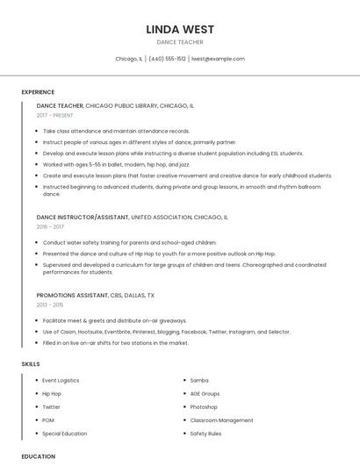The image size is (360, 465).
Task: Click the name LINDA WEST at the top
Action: click(x=180, y=29)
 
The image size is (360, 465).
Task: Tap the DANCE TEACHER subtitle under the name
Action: click(x=180, y=42)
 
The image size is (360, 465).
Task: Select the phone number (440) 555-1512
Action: click(x=167, y=59)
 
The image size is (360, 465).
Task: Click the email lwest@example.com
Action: click(x=218, y=59)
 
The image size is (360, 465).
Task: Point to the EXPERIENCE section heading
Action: click(x=38, y=92)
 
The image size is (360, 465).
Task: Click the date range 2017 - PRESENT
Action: click(x=54, y=115)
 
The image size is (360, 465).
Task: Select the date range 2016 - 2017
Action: click(x=50, y=226)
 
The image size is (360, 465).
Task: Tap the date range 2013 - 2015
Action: click(x=50, y=304)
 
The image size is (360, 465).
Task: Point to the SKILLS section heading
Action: click(x=31, y=363)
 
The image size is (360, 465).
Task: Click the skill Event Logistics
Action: click(x=61, y=381)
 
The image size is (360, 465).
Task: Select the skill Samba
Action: click(x=199, y=381)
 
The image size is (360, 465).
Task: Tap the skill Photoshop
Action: click(x=204, y=407)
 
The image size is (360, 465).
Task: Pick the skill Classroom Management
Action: click(x=221, y=420)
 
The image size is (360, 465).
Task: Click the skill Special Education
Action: click(x=64, y=433)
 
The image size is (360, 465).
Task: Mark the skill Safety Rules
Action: click(x=205, y=433)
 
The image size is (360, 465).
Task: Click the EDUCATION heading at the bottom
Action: click(x=38, y=456)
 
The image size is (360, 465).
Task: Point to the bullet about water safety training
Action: click(x=129, y=242)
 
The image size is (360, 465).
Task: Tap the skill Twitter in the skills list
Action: click(x=52, y=407)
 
